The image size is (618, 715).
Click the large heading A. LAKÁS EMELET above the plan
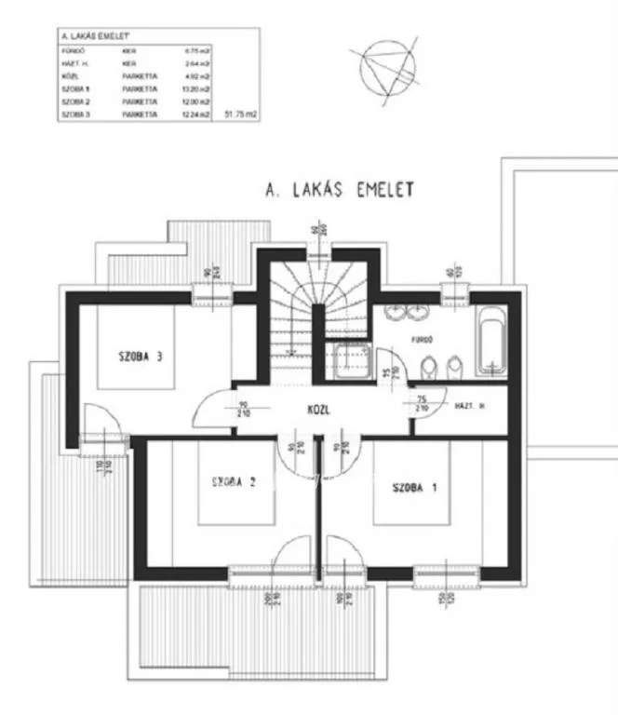[340, 191]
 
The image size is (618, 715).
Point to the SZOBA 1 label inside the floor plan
[414, 487]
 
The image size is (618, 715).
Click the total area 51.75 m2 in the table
[240, 114]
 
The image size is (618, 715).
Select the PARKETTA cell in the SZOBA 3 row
[139, 114]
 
